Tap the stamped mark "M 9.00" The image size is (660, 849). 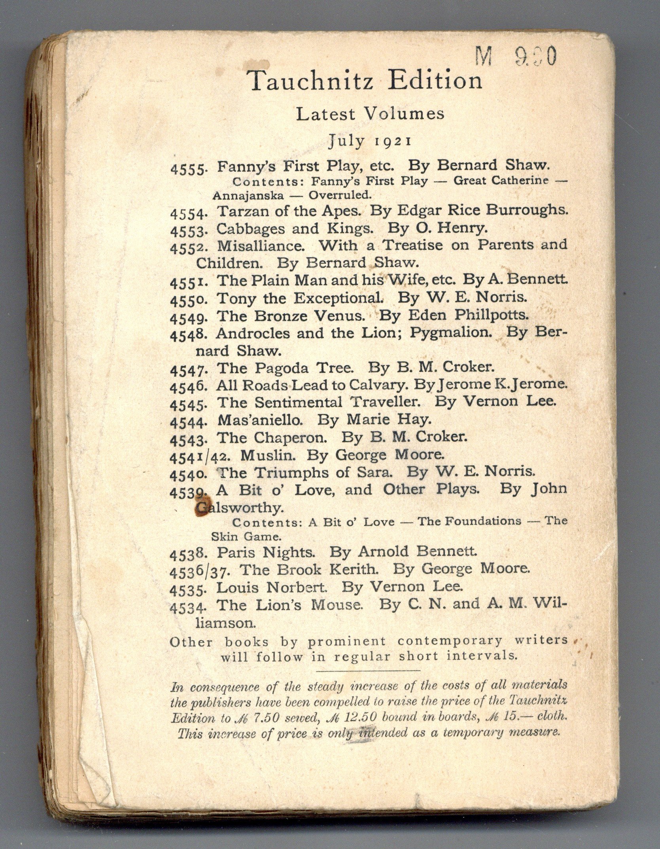coord(516,56)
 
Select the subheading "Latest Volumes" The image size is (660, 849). coord(370,114)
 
